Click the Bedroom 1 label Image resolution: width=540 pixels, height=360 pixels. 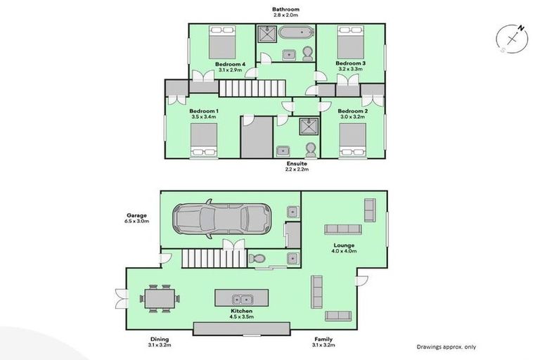click(204, 111)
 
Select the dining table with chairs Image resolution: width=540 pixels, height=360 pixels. click(159, 297)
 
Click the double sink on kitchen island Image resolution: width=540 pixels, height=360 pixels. click(240, 299)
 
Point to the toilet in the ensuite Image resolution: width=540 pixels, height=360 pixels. click(311, 149)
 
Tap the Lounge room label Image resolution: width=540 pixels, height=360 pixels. click(345, 245)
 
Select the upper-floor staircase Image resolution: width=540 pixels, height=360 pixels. click(252, 88)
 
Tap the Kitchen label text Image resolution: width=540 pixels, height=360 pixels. click(240, 310)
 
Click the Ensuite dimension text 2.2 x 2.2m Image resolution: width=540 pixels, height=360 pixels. click(296, 169)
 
